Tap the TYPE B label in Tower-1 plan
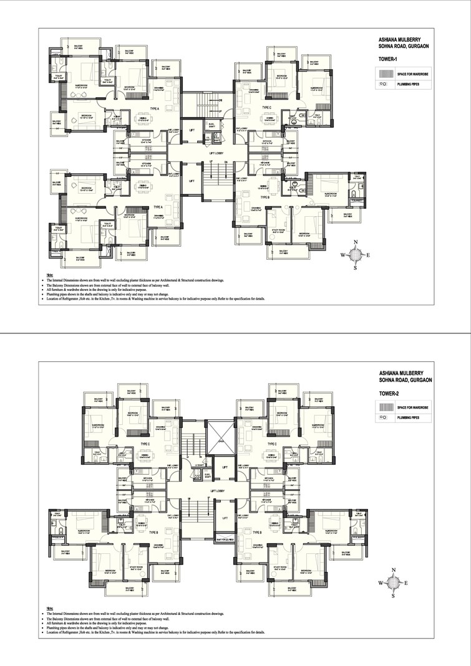coord(265,197)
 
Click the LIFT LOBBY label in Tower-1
coord(216,151)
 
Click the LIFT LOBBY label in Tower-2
coord(216,492)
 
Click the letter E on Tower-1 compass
coord(368,255)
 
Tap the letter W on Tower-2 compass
coord(380,583)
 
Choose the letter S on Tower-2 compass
coord(392,596)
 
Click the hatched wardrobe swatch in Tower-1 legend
coord(386,74)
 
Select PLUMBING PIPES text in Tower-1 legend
coord(409,83)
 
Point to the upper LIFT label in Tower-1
coord(192,130)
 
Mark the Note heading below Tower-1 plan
coord(50,275)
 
